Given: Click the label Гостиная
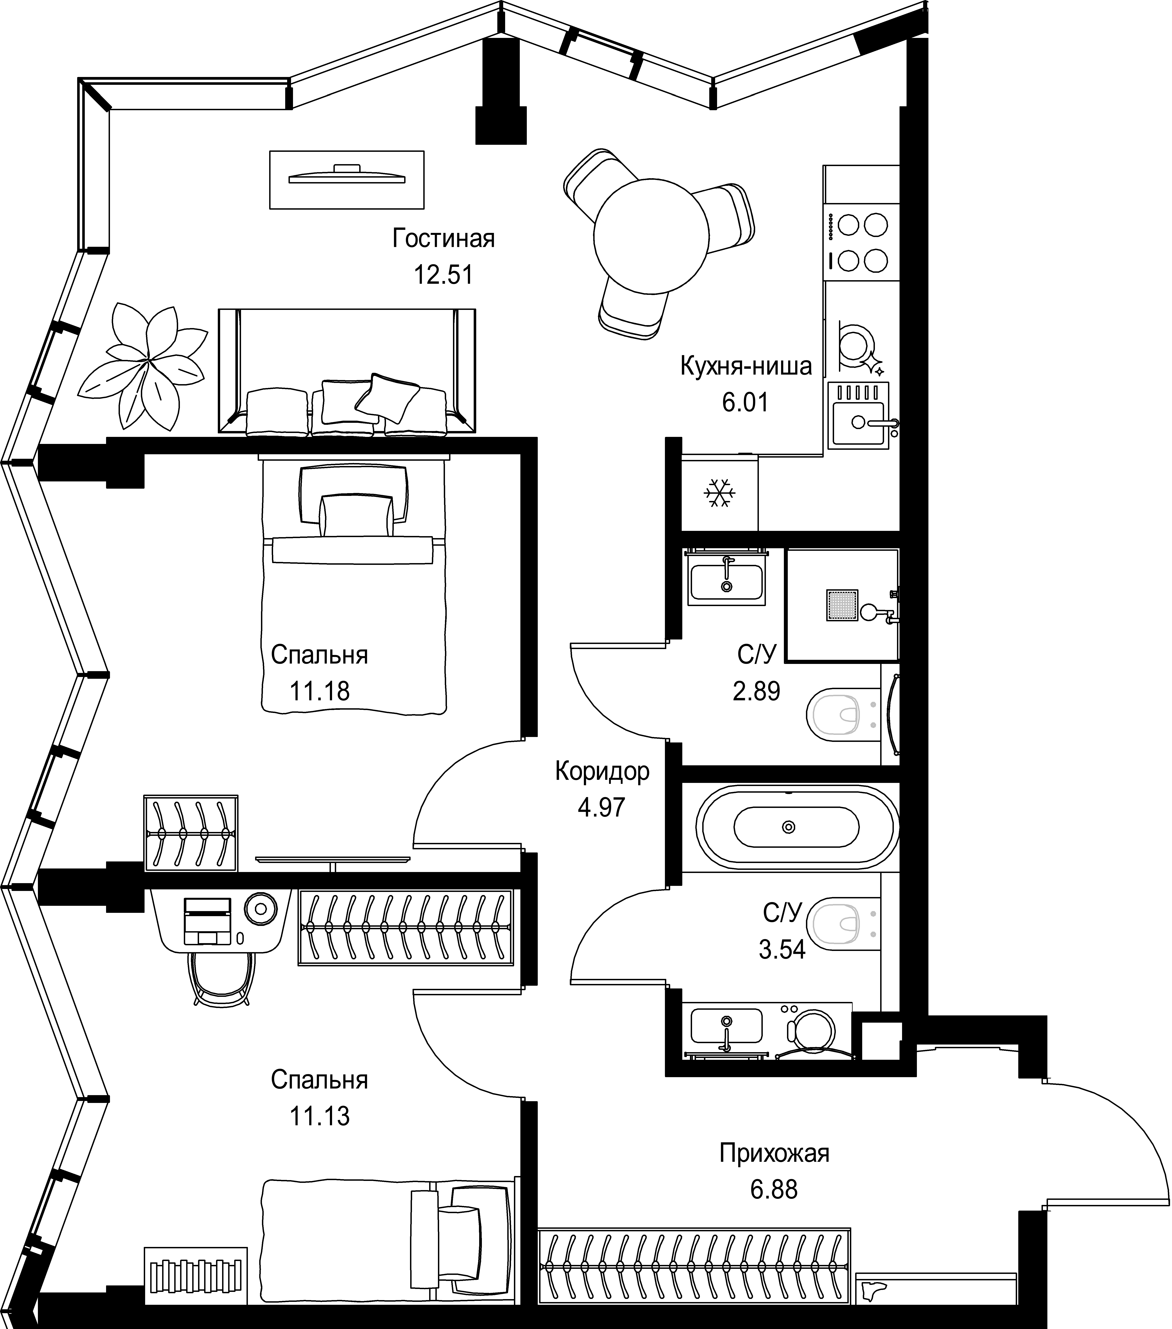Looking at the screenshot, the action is pos(443,239).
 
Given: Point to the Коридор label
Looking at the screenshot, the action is pos(602,771).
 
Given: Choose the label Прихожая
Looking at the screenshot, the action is pos(774,1153).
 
